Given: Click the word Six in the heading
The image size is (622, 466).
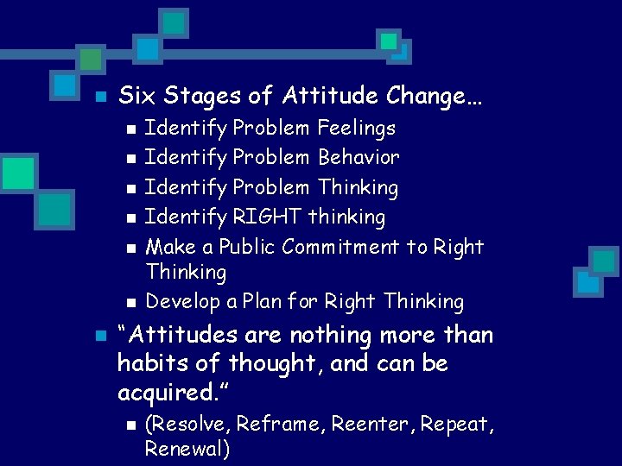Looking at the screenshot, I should [136, 95].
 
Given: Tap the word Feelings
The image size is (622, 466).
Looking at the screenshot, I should [357, 129].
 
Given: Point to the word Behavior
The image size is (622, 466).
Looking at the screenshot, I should [359, 158].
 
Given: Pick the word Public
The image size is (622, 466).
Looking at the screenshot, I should [246, 247].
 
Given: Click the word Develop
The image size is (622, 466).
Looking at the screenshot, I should [178, 302].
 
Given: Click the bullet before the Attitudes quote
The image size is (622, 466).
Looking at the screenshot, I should [99, 336].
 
